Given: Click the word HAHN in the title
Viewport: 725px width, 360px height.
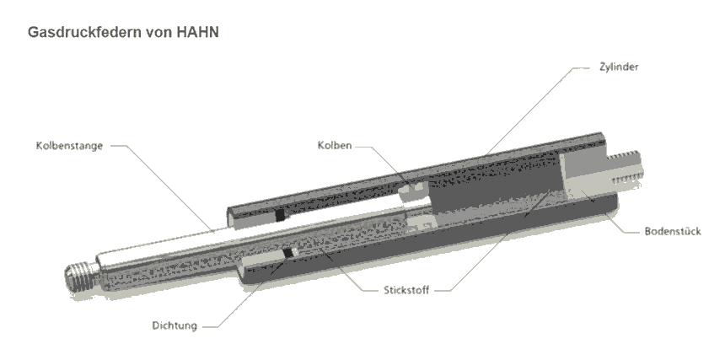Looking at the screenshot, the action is click(x=197, y=32).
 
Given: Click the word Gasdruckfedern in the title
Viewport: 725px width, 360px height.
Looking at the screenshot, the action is click(x=84, y=32).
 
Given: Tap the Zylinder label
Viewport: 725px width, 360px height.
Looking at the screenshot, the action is click(x=619, y=67).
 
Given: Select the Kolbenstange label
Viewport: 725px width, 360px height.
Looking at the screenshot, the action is click(x=69, y=146).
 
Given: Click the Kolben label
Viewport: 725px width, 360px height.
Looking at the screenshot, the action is click(x=335, y=145).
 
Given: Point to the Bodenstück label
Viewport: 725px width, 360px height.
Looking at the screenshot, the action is click(x=673, y=231).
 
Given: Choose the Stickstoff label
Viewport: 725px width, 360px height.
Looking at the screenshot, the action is click(x=406, y=290).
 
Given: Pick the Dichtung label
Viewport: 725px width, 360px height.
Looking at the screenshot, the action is click(x=175, y=325).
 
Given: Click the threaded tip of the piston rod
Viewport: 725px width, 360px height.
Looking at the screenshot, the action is click(x=81, y=277).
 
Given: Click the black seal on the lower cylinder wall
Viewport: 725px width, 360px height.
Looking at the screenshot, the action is click(x=288, y=252).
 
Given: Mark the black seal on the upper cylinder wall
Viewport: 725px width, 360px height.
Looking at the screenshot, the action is click(x=280, y=215).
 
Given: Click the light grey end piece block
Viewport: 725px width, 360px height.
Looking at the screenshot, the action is click(x=583, y=175).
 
